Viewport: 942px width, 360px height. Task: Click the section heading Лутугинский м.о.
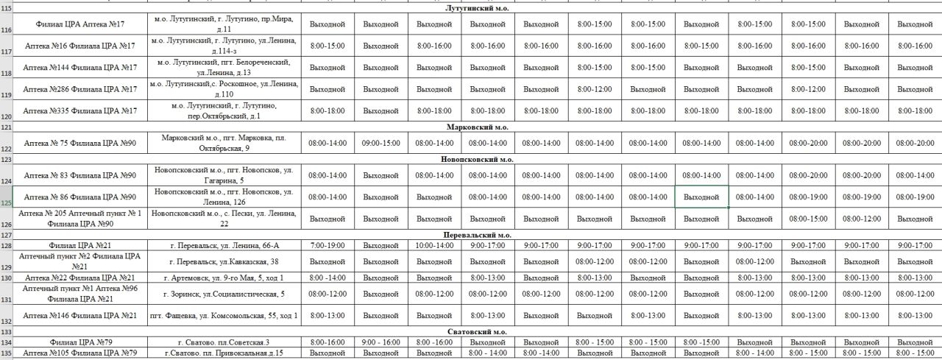point(478,8)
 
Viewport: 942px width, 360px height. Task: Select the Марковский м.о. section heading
point(478,127)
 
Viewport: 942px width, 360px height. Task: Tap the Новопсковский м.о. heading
point(478,159)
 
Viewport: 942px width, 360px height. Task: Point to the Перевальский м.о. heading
point(478,235)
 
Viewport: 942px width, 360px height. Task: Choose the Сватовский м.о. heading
point(478,332)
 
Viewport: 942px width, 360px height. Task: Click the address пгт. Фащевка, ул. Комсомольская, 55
point(224,316)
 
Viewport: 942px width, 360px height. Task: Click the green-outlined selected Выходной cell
point(701,197)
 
